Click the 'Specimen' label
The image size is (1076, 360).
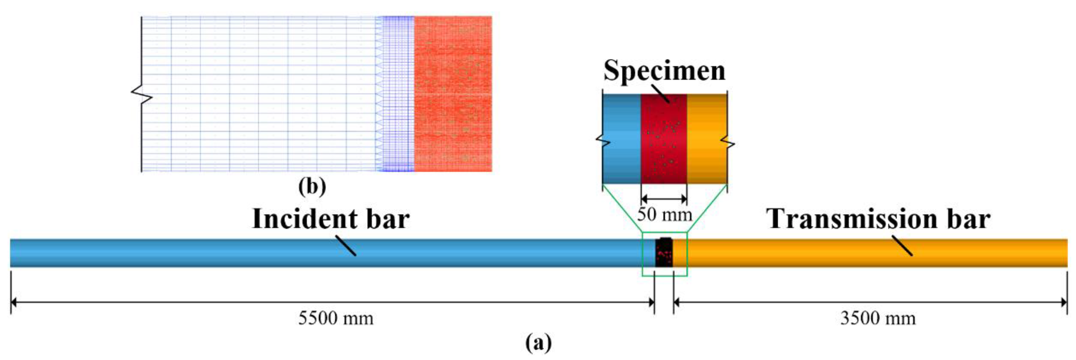point(664,71)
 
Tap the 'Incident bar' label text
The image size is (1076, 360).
point(331,219)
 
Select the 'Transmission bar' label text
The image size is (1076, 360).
point(878,219)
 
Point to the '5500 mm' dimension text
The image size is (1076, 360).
point(335,319)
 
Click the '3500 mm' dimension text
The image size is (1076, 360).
point(878,319)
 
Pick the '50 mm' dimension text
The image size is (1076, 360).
point(664,215)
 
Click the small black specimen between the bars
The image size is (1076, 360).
point(664,253)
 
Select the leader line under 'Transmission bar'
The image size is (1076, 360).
point(902,246)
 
